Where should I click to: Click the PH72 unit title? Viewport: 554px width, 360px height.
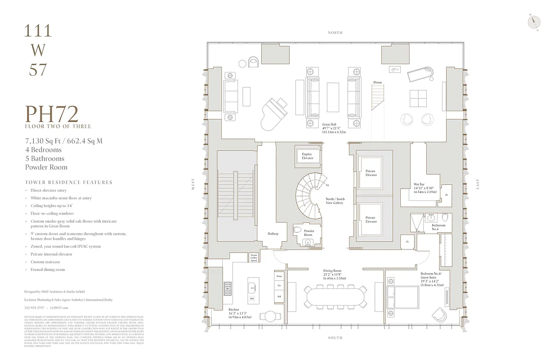(x=52, y=113)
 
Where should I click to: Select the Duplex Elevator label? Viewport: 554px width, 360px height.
(x=307, y=156)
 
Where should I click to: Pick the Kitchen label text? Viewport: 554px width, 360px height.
(x=234, y=309)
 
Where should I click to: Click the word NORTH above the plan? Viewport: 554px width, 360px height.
(x=335, y=32)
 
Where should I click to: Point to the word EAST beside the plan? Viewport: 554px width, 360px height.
(x=478, y=184)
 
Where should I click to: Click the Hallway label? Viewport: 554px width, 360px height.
(x=273, y=234)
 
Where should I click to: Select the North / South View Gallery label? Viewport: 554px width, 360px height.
(x=335, y=200)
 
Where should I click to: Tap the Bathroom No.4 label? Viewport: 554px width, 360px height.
(x=438, y=227)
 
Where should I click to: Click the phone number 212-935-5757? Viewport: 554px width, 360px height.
(x=34, y=307)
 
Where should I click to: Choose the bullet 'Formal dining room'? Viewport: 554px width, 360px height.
(x=48, y=270)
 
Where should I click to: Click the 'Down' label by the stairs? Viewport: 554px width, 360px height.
(x=377, y=82)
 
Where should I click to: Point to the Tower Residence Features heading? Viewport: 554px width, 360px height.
(x=69, y=182)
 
